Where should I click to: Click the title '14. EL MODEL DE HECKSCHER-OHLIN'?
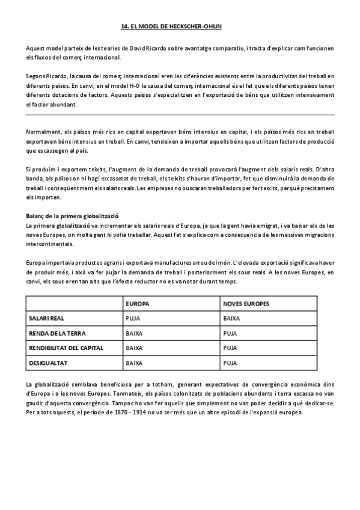pyautogui.click(x=180, y=26)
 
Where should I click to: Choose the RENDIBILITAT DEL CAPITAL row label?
pyautogui.click(x=66, y=348)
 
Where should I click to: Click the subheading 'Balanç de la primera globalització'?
pyautogui.click(x=72, y=216)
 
